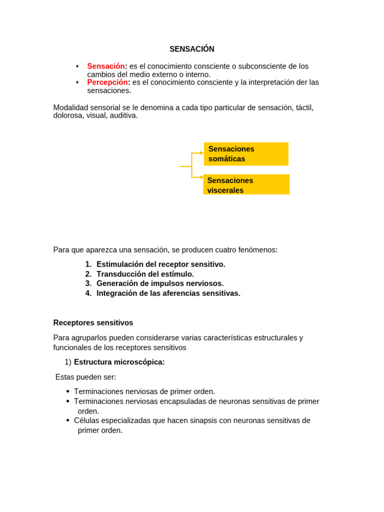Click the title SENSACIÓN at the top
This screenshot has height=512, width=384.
(191, 49)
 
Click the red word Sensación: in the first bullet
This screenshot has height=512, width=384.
(107, 66)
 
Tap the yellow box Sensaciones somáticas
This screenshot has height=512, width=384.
(245, 154)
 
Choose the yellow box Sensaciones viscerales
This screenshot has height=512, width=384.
(246, 184)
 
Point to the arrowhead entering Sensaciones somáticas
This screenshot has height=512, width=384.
(201, 153)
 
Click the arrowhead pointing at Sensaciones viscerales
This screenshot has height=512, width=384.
(201, 177)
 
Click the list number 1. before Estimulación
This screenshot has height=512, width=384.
(88, 264)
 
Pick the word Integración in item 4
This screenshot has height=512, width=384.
(116, 293)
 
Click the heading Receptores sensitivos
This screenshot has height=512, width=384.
(93, 323)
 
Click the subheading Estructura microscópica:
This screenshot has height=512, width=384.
(119, 362)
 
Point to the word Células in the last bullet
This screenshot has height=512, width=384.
(86, 420)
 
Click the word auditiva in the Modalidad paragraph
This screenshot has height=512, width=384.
(123, 115)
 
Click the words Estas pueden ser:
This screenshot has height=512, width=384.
(85, 377)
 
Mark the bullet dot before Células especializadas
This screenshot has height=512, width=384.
(68, 420)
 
